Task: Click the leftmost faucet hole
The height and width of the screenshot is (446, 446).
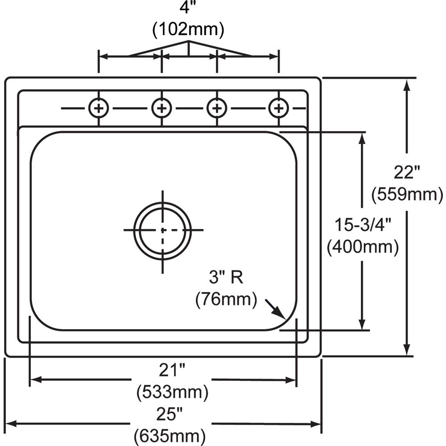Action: coord(99,107)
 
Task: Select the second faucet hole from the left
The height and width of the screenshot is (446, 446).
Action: coord(161,107)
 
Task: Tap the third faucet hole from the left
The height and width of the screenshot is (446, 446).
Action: coord(217,107)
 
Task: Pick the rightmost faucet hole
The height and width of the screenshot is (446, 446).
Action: coord(279,107)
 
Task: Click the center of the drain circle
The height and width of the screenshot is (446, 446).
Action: coord(162,230)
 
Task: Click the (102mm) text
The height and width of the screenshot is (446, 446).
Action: coord(188,30)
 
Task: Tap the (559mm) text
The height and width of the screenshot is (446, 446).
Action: coord(407,194)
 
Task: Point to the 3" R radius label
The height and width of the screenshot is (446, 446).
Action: coord(226,278)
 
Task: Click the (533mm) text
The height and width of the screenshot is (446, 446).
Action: coord(172,392)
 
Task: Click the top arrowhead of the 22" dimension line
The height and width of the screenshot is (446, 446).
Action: coord(406,85)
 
